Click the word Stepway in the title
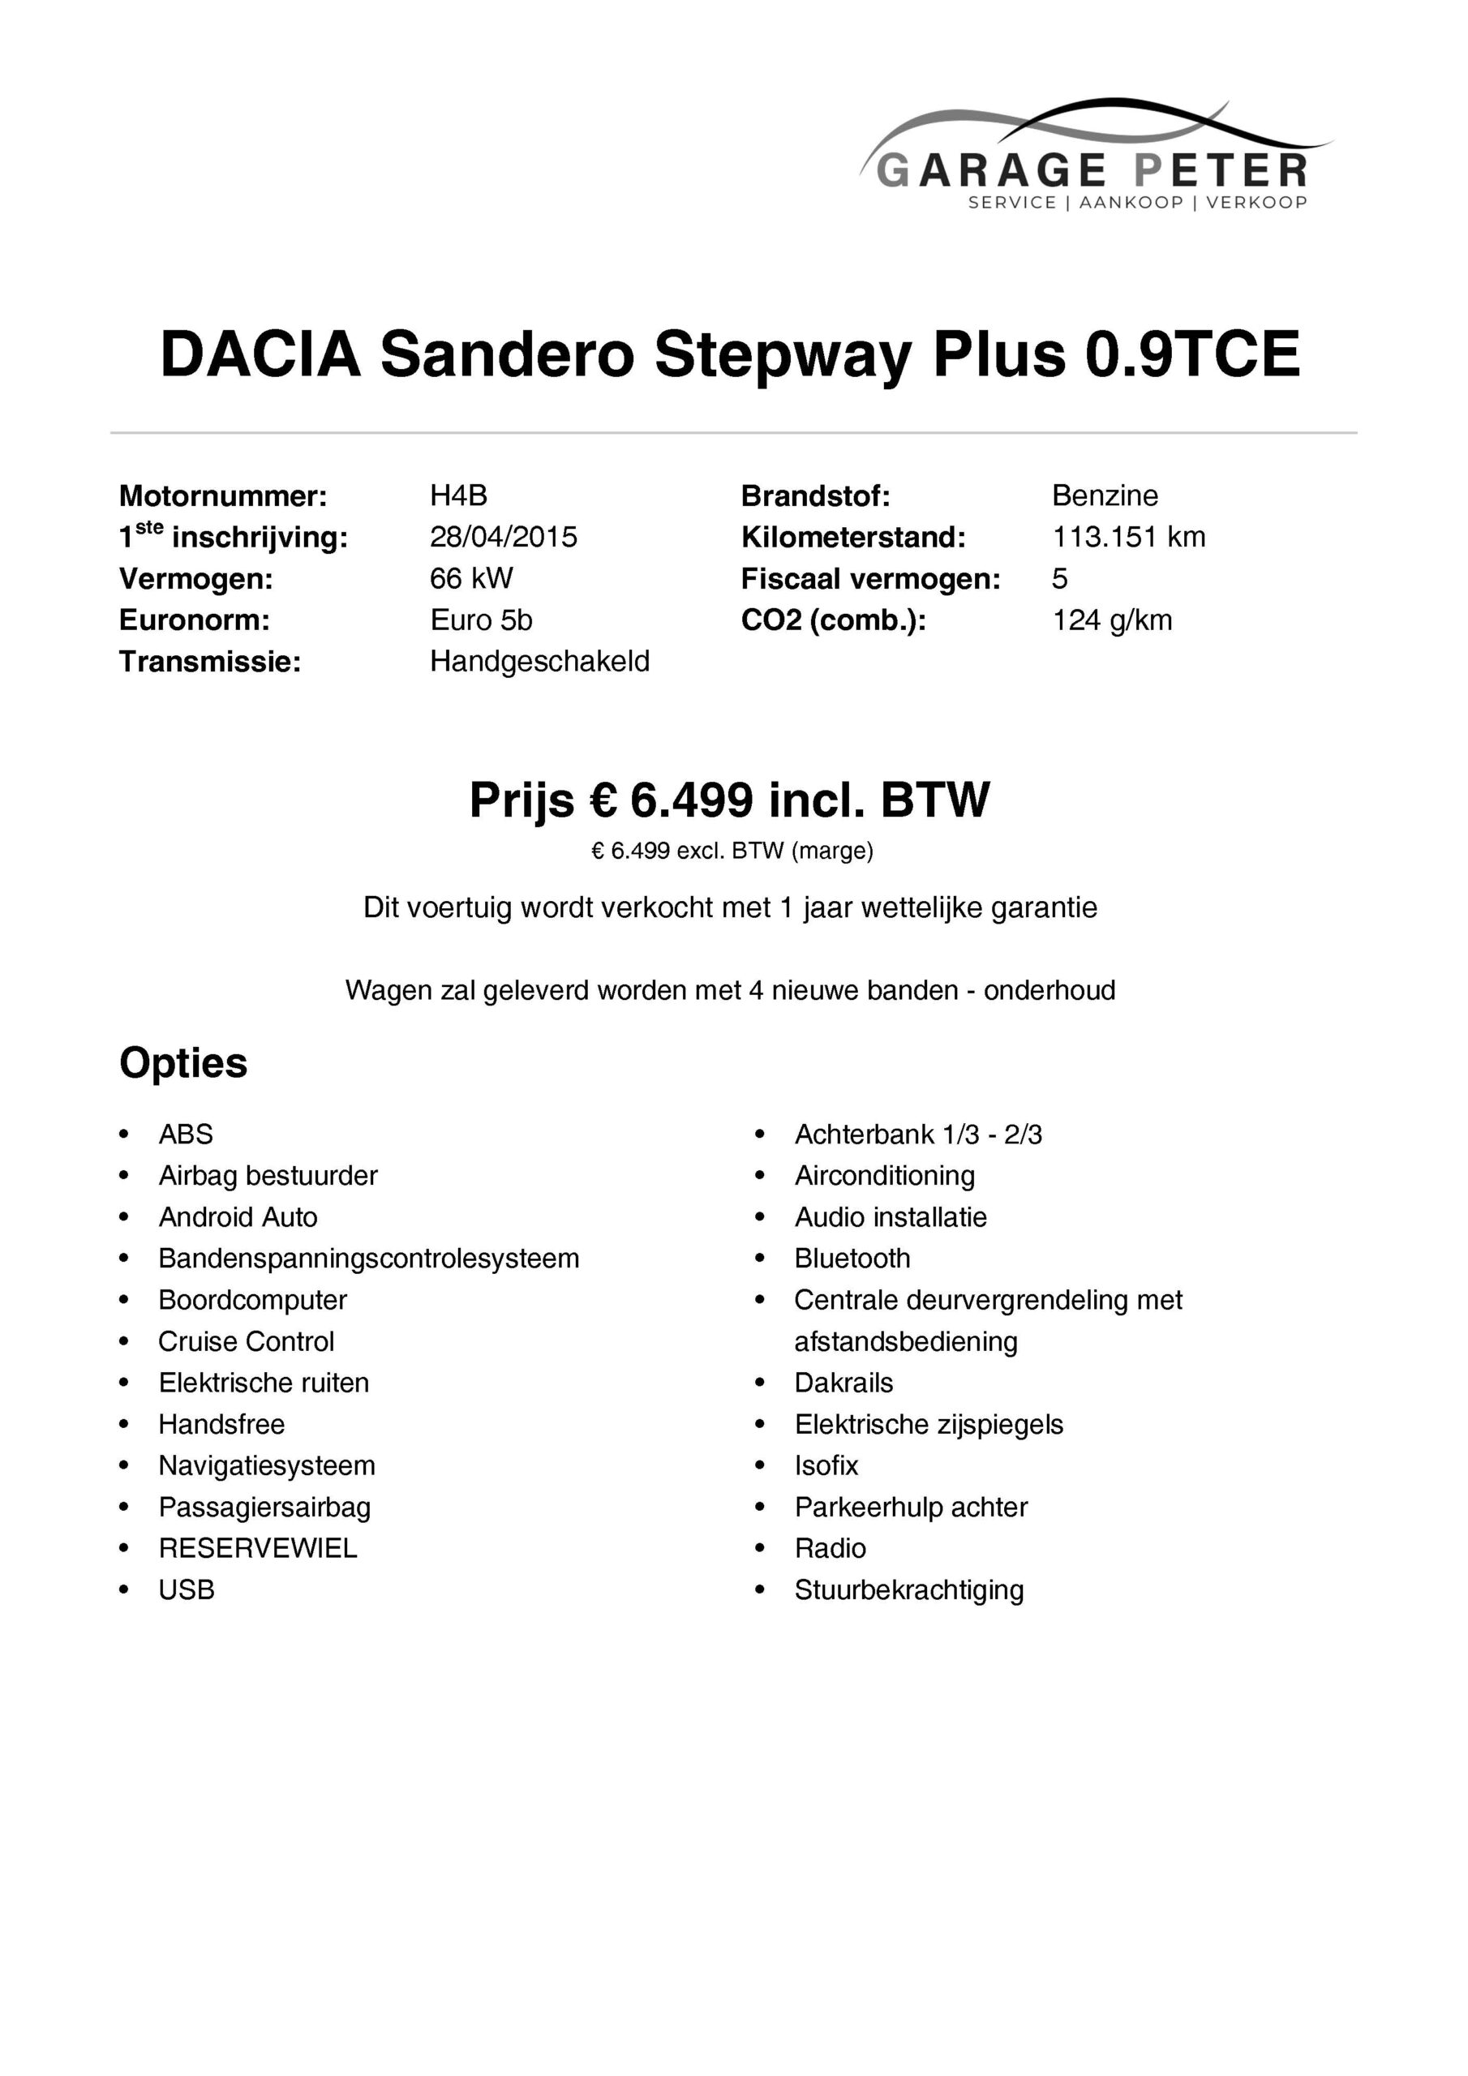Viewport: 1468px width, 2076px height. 783,354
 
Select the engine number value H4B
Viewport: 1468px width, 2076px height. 458,495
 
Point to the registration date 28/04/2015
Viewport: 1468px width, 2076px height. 503,537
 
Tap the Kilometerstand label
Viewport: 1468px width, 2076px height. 853,538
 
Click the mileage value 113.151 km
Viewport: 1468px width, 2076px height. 1128,537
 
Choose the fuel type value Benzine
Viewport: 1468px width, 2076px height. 1105,495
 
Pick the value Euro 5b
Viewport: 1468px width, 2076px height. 481,620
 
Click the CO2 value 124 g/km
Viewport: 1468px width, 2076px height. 1112,620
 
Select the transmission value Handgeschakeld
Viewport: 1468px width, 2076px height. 539,662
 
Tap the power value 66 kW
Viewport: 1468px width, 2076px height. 471,579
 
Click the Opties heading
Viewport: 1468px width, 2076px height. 183,1063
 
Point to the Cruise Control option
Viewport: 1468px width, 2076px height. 246,1342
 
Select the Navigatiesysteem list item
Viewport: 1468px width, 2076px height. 267,1465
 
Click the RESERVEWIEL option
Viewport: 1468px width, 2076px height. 258,1549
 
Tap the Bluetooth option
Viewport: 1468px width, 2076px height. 852,1259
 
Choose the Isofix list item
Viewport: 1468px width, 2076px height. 826,1465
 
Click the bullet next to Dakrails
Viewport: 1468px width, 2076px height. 760,1383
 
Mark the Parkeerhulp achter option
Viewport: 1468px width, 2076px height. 911,1508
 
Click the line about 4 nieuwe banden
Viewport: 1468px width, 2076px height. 730,991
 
